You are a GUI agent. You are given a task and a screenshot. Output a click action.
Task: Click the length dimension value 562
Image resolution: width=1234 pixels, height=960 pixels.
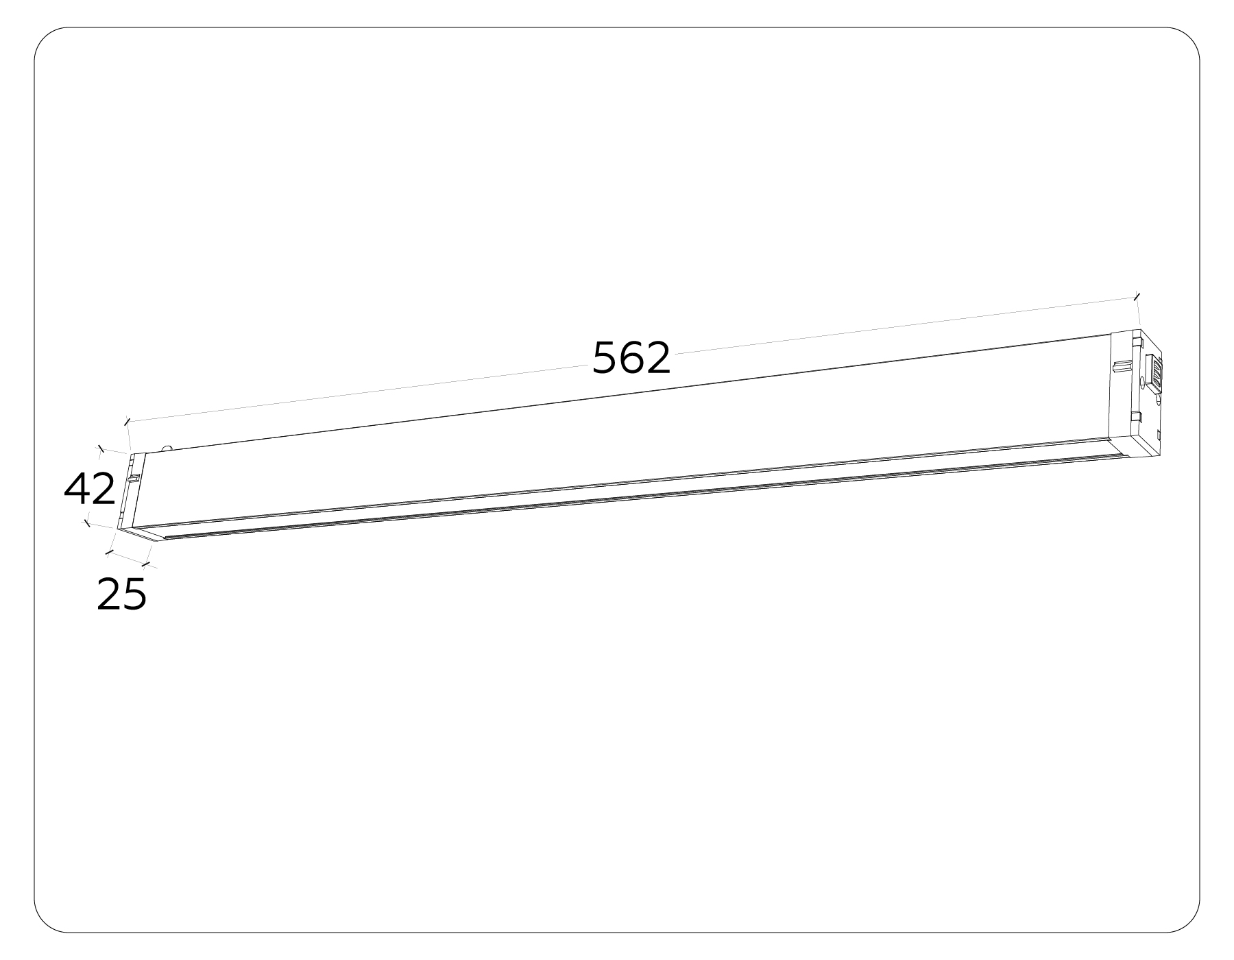[631, 358]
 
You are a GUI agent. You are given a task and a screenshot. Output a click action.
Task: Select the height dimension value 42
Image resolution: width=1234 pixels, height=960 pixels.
[90, 490]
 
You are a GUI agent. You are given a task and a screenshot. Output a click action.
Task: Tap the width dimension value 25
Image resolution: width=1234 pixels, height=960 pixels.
[122, 595]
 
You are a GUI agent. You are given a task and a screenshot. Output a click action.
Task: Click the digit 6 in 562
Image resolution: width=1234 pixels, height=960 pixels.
[631, 358]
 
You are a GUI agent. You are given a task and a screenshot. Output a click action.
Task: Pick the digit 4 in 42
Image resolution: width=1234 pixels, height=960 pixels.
[76, 490]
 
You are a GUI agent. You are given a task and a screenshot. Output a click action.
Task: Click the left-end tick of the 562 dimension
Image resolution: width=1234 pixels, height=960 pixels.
[127, 421]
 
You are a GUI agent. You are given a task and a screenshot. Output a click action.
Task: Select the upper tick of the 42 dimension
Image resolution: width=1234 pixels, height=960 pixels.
[101, 449]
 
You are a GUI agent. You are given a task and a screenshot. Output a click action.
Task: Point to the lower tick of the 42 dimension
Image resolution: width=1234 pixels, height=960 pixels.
[86, 523]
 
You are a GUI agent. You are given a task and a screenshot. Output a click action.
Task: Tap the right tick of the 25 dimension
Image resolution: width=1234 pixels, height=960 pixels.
[145, 564]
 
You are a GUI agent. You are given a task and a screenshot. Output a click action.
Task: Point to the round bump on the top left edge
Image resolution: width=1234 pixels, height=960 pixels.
[167, 448]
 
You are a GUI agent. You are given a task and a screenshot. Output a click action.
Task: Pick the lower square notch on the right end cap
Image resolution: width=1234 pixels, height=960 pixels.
[1136, 417]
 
